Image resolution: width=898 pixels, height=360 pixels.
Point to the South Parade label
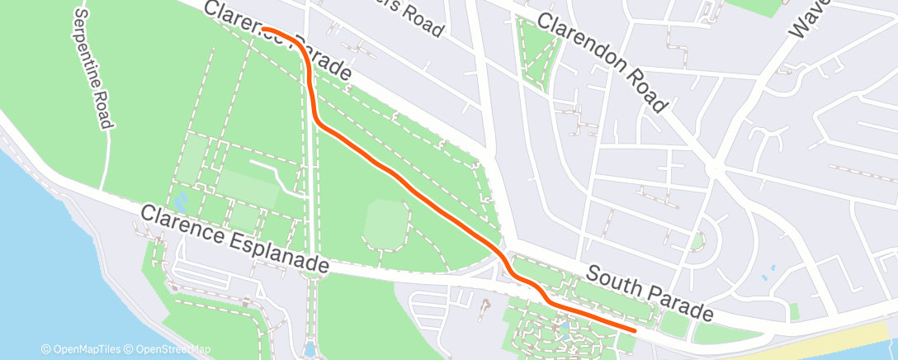pyautogui.click(x=650, y=293)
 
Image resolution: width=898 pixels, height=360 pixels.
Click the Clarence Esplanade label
pyautogui.click(x=234, y=239)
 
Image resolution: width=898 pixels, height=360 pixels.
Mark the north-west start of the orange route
pyautogui.click(x=263, y=29)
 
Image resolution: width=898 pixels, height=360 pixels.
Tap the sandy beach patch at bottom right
pyautogui.click(x=834, y=343)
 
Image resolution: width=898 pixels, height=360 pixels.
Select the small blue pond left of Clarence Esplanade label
pyautogui.click(x=181, y=199)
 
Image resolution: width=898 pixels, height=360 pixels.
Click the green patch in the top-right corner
pyautogui.click(x=755, y=7)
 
